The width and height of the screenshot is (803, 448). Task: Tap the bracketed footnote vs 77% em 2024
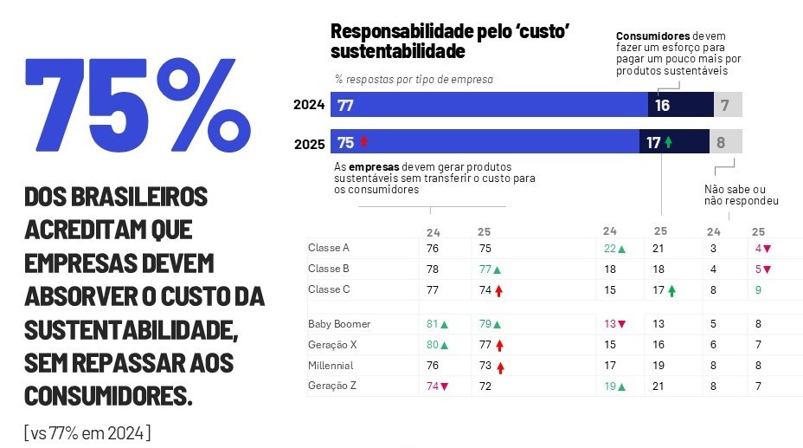coord(87,432)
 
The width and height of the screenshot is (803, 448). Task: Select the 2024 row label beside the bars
coord(309,105)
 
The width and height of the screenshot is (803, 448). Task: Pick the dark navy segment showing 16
coord(679,105)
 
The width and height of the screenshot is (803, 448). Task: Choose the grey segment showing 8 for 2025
coord(726,142)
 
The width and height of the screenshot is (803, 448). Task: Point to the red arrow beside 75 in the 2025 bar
coord(363,142)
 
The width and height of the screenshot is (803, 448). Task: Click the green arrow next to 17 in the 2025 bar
coord(669,142)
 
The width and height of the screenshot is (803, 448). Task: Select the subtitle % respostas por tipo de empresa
coord(414,79)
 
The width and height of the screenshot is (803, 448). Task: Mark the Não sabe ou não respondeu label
coord(741,195)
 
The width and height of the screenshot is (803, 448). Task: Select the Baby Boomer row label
coord(339,324)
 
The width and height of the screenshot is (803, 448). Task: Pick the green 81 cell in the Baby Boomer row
coord(437,324)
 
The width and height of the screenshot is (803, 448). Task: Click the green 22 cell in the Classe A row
coord(614,249)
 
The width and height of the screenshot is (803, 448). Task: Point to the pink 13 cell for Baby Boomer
coord(614,324)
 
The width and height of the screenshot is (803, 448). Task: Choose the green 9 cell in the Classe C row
coord(758,290)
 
